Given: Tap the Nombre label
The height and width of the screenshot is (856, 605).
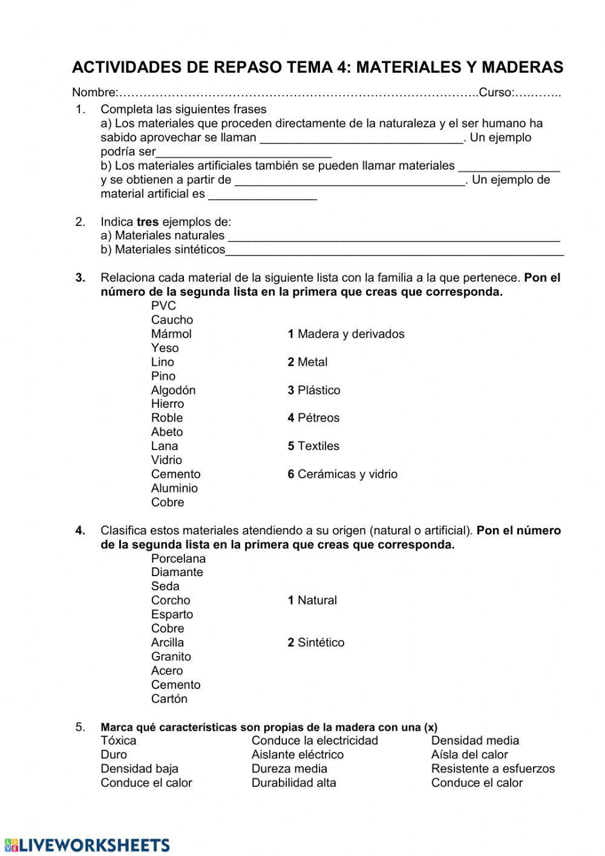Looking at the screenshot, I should tap(94, 93).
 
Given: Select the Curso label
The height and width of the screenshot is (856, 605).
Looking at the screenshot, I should tap(495, 93).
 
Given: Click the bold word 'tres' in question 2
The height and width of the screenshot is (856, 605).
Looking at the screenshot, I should tap(147, 222).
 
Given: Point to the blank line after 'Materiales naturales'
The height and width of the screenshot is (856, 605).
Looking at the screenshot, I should tap(393, 236).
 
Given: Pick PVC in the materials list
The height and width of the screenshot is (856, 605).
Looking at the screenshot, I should tap(163, 306).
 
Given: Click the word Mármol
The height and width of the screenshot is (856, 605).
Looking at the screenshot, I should tap(171, 334).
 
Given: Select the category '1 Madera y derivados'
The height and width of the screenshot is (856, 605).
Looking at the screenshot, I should tap(345, 334).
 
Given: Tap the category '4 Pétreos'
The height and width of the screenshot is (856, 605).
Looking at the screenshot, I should tap(313, 418).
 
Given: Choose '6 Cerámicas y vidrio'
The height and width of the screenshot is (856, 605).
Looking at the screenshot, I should tap(342, 474).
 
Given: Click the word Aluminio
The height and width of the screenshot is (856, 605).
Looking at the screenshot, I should tap(174, 488).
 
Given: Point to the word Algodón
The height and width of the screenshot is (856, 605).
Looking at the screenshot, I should tap(173, 390).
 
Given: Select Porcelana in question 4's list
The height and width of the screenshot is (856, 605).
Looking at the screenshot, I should tap(178, 559).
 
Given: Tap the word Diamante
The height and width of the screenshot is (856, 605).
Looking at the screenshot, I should tap(177, 572).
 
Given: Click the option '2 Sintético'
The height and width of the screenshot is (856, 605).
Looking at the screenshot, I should tap(316, 643).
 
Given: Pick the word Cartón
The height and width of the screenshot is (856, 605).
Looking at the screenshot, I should tap(169, 699).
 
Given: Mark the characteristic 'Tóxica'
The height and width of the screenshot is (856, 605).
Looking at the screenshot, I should tap(119, 741).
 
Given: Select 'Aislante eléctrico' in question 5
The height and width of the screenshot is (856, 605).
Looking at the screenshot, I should tap(298, 755).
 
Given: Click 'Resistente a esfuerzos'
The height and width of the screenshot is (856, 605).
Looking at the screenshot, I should tap(492, 769).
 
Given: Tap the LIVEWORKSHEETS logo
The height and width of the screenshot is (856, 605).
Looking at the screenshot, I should tap(87, 845).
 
